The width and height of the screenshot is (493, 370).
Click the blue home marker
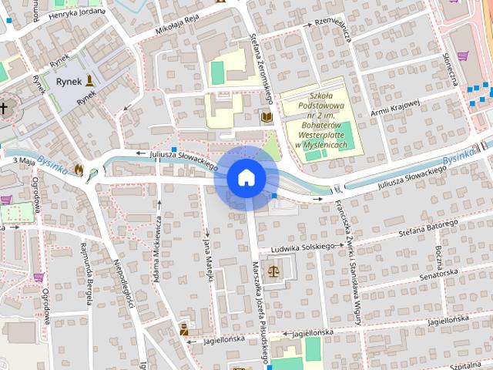(246, 178)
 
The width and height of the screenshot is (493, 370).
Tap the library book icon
(267, 116)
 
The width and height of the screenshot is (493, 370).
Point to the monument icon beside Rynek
(90, 79)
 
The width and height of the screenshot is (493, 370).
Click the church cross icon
(4, 108)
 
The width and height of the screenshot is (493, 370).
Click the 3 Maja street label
(25, 160)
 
